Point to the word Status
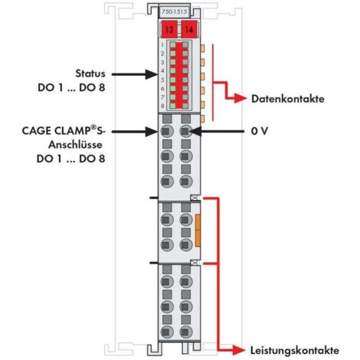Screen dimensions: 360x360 90,74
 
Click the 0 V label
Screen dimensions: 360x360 260,131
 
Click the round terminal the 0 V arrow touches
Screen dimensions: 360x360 185,131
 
